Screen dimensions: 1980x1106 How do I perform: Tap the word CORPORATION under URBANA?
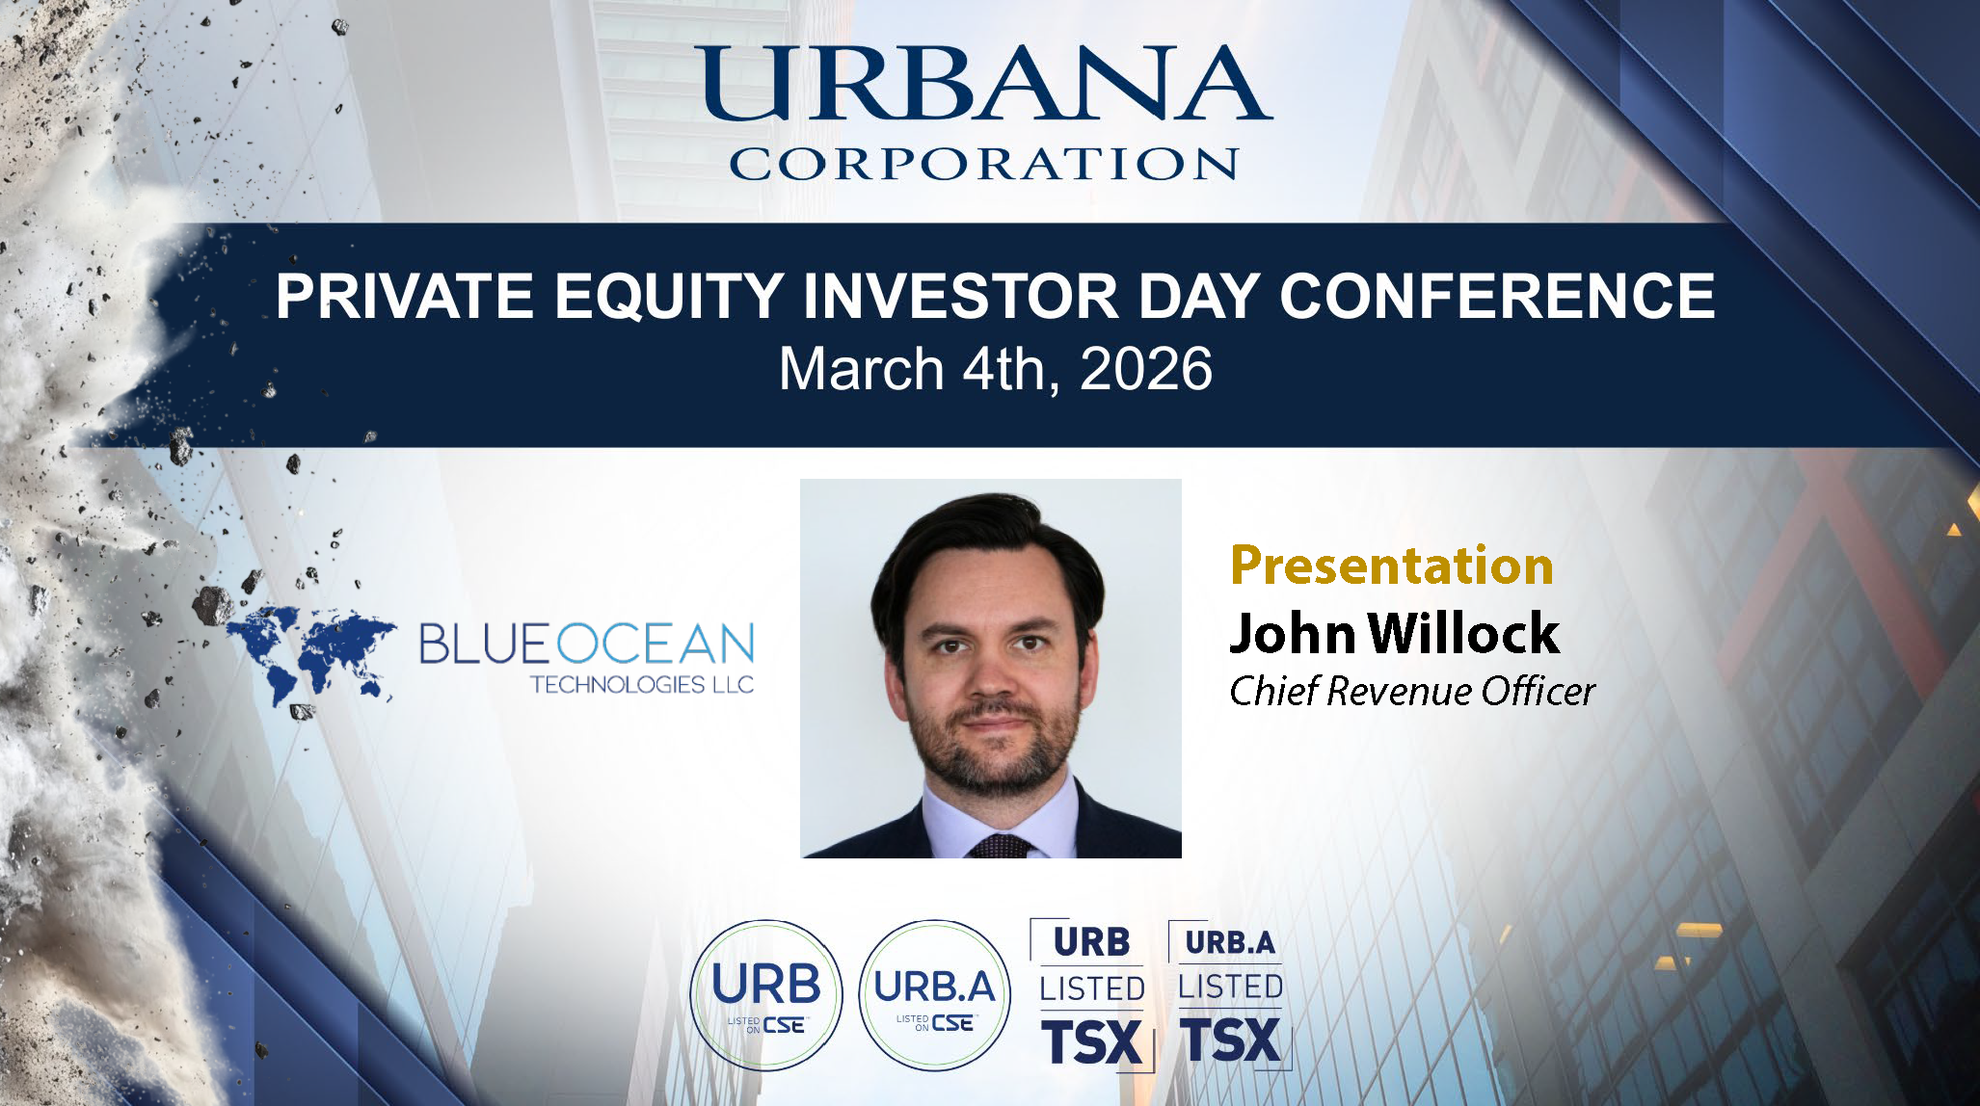click(984, 164)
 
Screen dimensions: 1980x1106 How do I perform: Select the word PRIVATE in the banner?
click(405, 296)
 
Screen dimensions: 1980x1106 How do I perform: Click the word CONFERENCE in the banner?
click(1497, 296)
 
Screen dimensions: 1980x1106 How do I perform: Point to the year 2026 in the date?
click(1146, 369)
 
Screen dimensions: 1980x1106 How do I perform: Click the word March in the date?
click(861, 369)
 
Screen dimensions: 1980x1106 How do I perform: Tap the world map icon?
click(310, 658)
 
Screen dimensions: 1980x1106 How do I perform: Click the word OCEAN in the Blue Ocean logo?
click(656, 644)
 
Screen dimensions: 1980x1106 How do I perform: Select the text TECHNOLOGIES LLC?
click(642, 684)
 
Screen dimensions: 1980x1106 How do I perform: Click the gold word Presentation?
click(1392, 566)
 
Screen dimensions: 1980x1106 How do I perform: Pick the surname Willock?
click(1463, 633)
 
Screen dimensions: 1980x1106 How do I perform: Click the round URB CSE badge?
click(766, 995)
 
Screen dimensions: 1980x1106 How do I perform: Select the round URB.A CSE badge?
click(934, 995)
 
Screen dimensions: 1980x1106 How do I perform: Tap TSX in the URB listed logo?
click(1091, 1043)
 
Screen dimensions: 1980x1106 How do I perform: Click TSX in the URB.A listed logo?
click(1231, 1040)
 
